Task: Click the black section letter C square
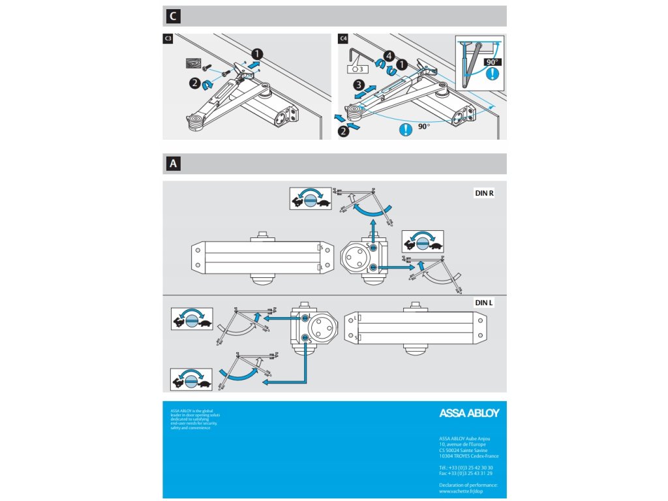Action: (x=172, y=16)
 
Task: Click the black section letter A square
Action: (x=172, y=164)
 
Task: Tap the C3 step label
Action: (x=168, y=39)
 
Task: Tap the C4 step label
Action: (x=344, y=39)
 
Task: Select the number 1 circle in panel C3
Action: (x=258, y=53)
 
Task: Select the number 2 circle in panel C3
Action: (x=195, y=83)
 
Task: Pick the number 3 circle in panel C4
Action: (x=358, y=85)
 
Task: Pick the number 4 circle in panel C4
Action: (x=389, y=56)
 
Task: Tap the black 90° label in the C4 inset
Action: (x=492, y=61)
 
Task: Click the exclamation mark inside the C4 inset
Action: (x=493, y=74)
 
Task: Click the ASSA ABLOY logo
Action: (x=469, y=413)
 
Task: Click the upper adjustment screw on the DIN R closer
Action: (x=372, y=249)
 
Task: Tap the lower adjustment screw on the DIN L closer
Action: (x=305, y=337)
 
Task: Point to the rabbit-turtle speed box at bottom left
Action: (x=191, y=378)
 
